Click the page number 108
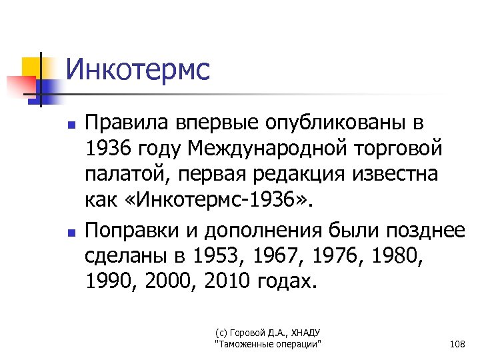[x=457, y=344]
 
